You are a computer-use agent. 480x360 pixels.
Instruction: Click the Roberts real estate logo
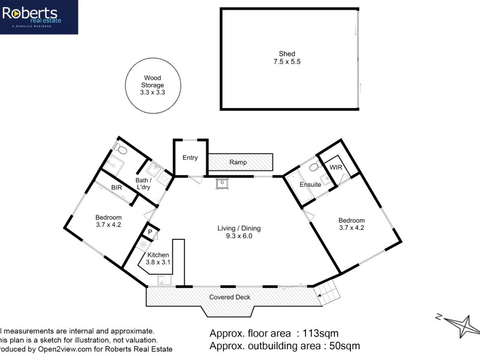coord(38,17)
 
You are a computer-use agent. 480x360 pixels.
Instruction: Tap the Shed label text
coord(287,54)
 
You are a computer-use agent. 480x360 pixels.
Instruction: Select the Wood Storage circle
coord(152,85)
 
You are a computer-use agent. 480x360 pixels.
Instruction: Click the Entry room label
coord(190,158)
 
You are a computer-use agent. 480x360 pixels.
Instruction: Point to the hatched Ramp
coord(240,162)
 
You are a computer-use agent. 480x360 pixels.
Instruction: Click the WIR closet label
coord(335,167)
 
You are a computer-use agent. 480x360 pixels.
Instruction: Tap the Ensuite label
coord(311,185)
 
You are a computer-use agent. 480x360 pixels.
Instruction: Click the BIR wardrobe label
coord(116,187)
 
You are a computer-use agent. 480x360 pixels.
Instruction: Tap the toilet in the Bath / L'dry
coord(119,146)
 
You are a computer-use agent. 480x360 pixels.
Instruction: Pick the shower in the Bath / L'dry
coord(112,161)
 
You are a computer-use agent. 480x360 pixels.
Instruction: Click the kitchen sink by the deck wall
coord(161,280)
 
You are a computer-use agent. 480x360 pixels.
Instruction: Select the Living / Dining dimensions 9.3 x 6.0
coord(239,236)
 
